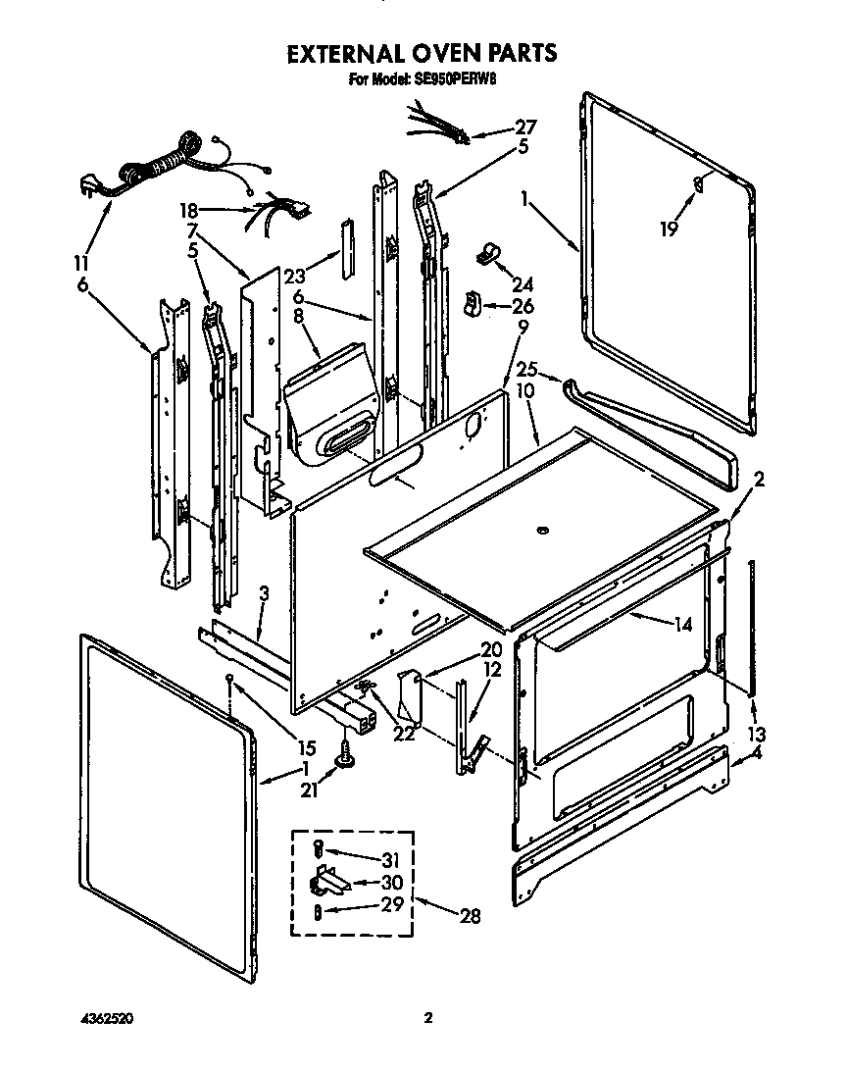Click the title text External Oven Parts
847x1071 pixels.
(x=422, y=52)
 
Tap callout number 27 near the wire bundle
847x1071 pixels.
(x=525, y=127)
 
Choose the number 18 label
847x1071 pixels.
(x=187, y=209)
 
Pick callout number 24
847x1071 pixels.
(x=523, y=284)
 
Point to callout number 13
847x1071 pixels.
(x=756, y=735)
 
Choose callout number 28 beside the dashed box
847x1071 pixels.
(x=471, y=916)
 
